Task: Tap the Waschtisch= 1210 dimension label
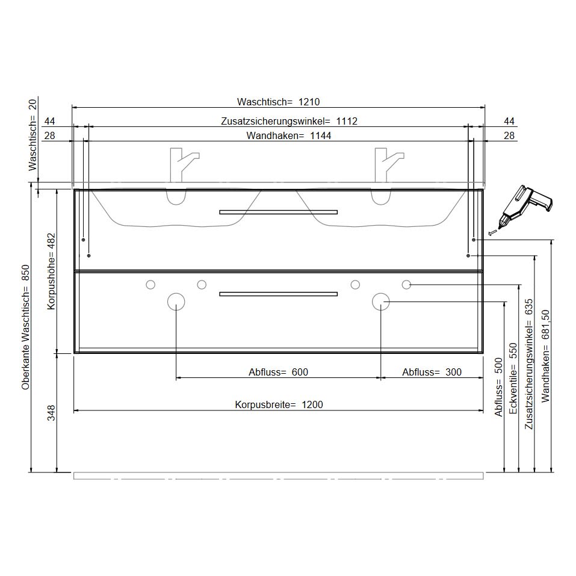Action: coord(279,102)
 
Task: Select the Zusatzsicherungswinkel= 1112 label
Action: coord(289,121)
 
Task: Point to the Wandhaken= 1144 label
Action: coord(289,135)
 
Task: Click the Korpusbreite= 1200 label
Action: coord(279,404)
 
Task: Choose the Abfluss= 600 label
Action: coord(279,372)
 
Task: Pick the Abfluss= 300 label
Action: coord(432,372)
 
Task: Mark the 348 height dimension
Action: coord(51,413)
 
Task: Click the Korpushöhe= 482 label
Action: coord(51,271)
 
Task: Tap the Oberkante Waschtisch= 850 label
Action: coord(25,327)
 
